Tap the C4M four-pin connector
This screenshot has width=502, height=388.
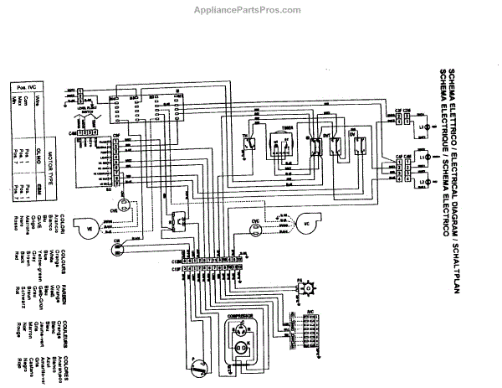(91, 132)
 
